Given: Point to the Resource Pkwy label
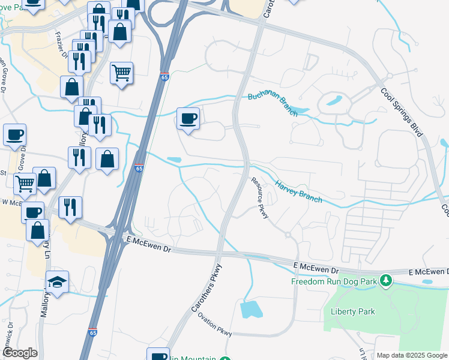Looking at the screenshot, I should pos(259,198).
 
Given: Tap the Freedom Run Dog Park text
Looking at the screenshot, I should pos(333,281).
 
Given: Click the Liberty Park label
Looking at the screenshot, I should pos(352,311).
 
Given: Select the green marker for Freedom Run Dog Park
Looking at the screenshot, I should pos(387,280).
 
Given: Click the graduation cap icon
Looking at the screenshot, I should pos(58,282).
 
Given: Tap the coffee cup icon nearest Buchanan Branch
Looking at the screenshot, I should pos(188,118).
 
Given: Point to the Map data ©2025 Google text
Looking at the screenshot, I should pos(412,355).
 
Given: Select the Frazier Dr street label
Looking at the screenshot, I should pos(61,43).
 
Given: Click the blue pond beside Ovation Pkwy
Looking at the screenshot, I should pos(251,309).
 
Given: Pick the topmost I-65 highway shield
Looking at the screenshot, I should pos(164,77).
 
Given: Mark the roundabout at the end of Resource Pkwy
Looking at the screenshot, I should pos(288,233).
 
